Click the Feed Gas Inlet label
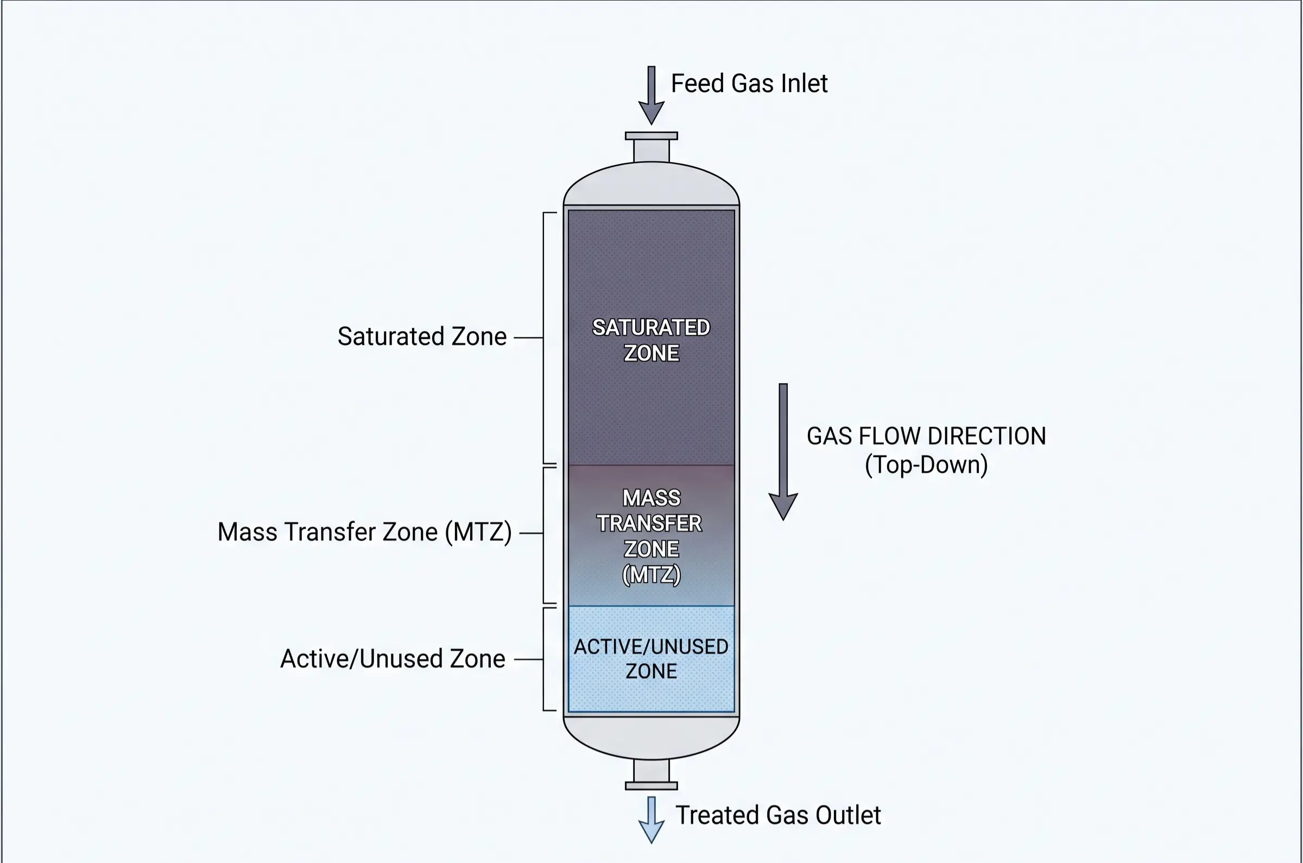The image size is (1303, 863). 749,84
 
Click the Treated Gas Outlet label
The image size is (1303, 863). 778,815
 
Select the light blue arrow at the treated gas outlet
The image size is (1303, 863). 651,820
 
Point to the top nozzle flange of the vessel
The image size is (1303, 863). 651,136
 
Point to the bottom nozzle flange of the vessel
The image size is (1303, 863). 651,785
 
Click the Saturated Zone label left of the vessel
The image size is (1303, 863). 422,337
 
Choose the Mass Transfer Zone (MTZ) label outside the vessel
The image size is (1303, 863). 364,532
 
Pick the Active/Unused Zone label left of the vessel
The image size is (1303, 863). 393,659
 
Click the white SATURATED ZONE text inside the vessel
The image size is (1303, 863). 651,340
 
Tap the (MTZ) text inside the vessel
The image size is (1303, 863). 651,575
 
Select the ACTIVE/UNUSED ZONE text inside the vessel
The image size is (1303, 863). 651,659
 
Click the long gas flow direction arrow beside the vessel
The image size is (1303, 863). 783,452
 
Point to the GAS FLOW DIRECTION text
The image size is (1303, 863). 926,436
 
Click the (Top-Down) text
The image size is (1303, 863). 926,465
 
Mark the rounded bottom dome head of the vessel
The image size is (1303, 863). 651,738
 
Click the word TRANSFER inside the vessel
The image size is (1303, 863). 649,523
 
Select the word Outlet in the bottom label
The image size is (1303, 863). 847,815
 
